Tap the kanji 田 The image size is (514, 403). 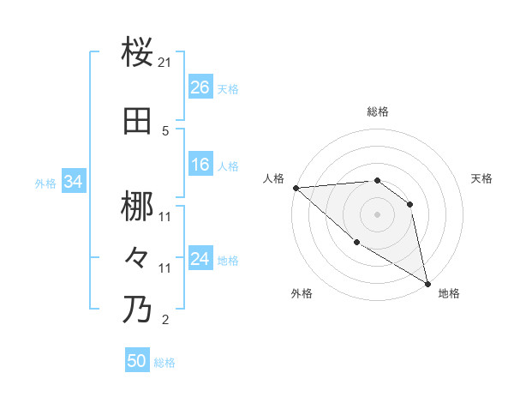(138, 122)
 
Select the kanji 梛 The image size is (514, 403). (138, 207)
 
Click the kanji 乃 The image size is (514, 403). (138, 309)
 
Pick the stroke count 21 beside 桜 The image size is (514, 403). (165, 63)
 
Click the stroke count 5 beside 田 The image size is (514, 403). (165, 131)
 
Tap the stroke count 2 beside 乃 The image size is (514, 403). (165, 321)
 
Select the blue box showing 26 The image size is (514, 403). (200, 87)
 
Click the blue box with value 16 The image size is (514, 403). (200, 165)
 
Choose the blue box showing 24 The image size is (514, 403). (200, 259)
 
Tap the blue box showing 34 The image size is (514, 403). (73, 182)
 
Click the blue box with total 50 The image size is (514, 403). (136, 361)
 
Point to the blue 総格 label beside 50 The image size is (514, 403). (164, 363)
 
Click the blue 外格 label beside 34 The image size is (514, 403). (45, 183)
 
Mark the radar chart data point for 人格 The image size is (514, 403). (296, 187)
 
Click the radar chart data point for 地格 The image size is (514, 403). (427, 282)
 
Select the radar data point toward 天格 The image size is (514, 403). (410, 204)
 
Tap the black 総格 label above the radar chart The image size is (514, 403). (378, 111)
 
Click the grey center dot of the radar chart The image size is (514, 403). (377, 214)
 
